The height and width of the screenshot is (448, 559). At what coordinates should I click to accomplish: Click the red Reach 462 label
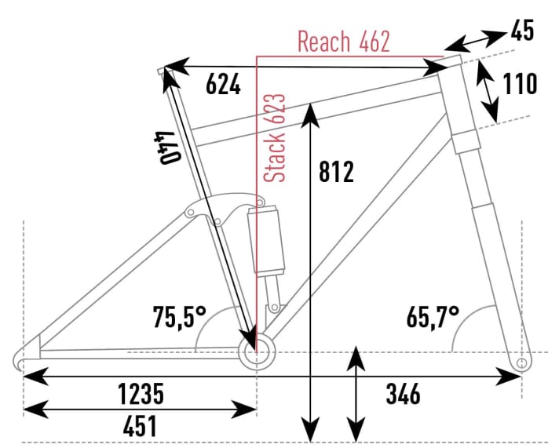tap(343, 42)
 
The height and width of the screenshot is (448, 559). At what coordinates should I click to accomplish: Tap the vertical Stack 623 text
tap(274, 139)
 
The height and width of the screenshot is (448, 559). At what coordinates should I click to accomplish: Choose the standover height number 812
tap(338, 171)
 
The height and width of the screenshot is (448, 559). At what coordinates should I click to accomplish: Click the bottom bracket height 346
tap(403, 393)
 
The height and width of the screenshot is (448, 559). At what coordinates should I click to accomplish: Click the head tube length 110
tap(519, 83)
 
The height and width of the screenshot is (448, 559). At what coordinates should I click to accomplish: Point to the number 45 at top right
tap(522, 31)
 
